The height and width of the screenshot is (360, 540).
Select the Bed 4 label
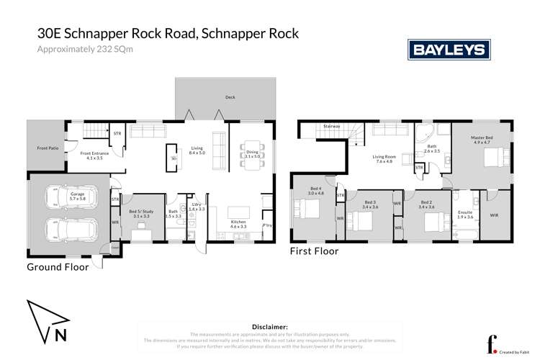point(317,192)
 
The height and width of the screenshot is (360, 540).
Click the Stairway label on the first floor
point(331,126)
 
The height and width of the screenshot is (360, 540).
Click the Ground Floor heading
point(58,266)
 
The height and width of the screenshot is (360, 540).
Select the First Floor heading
point(314,251)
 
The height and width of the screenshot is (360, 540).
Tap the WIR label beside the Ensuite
point(494,214)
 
